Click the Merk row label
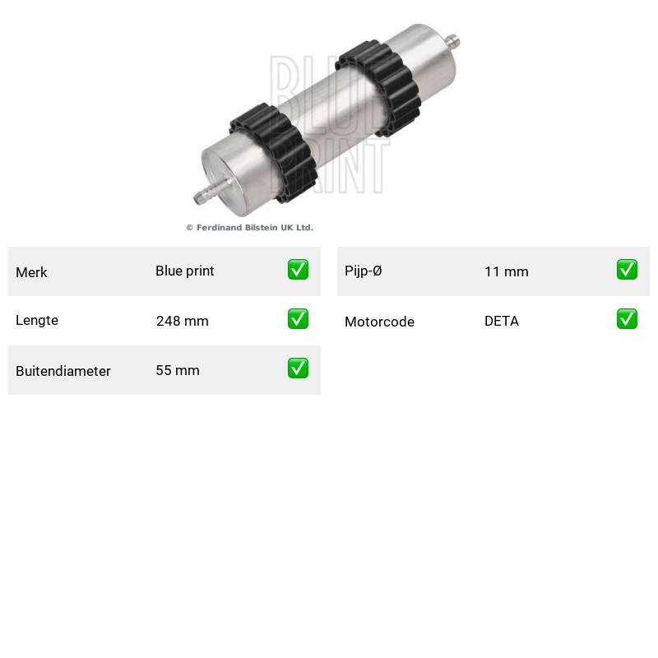click(31, 272)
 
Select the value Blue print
click(184, 271)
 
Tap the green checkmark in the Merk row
click(298, 270)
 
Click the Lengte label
click(37, 320)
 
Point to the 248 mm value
click(182, 321)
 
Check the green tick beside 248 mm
click(298, 319)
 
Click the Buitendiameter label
click(63, 371)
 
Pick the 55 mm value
click(178, 371)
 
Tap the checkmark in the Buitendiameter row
click(298, 368)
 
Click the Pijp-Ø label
click(363, 271)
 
